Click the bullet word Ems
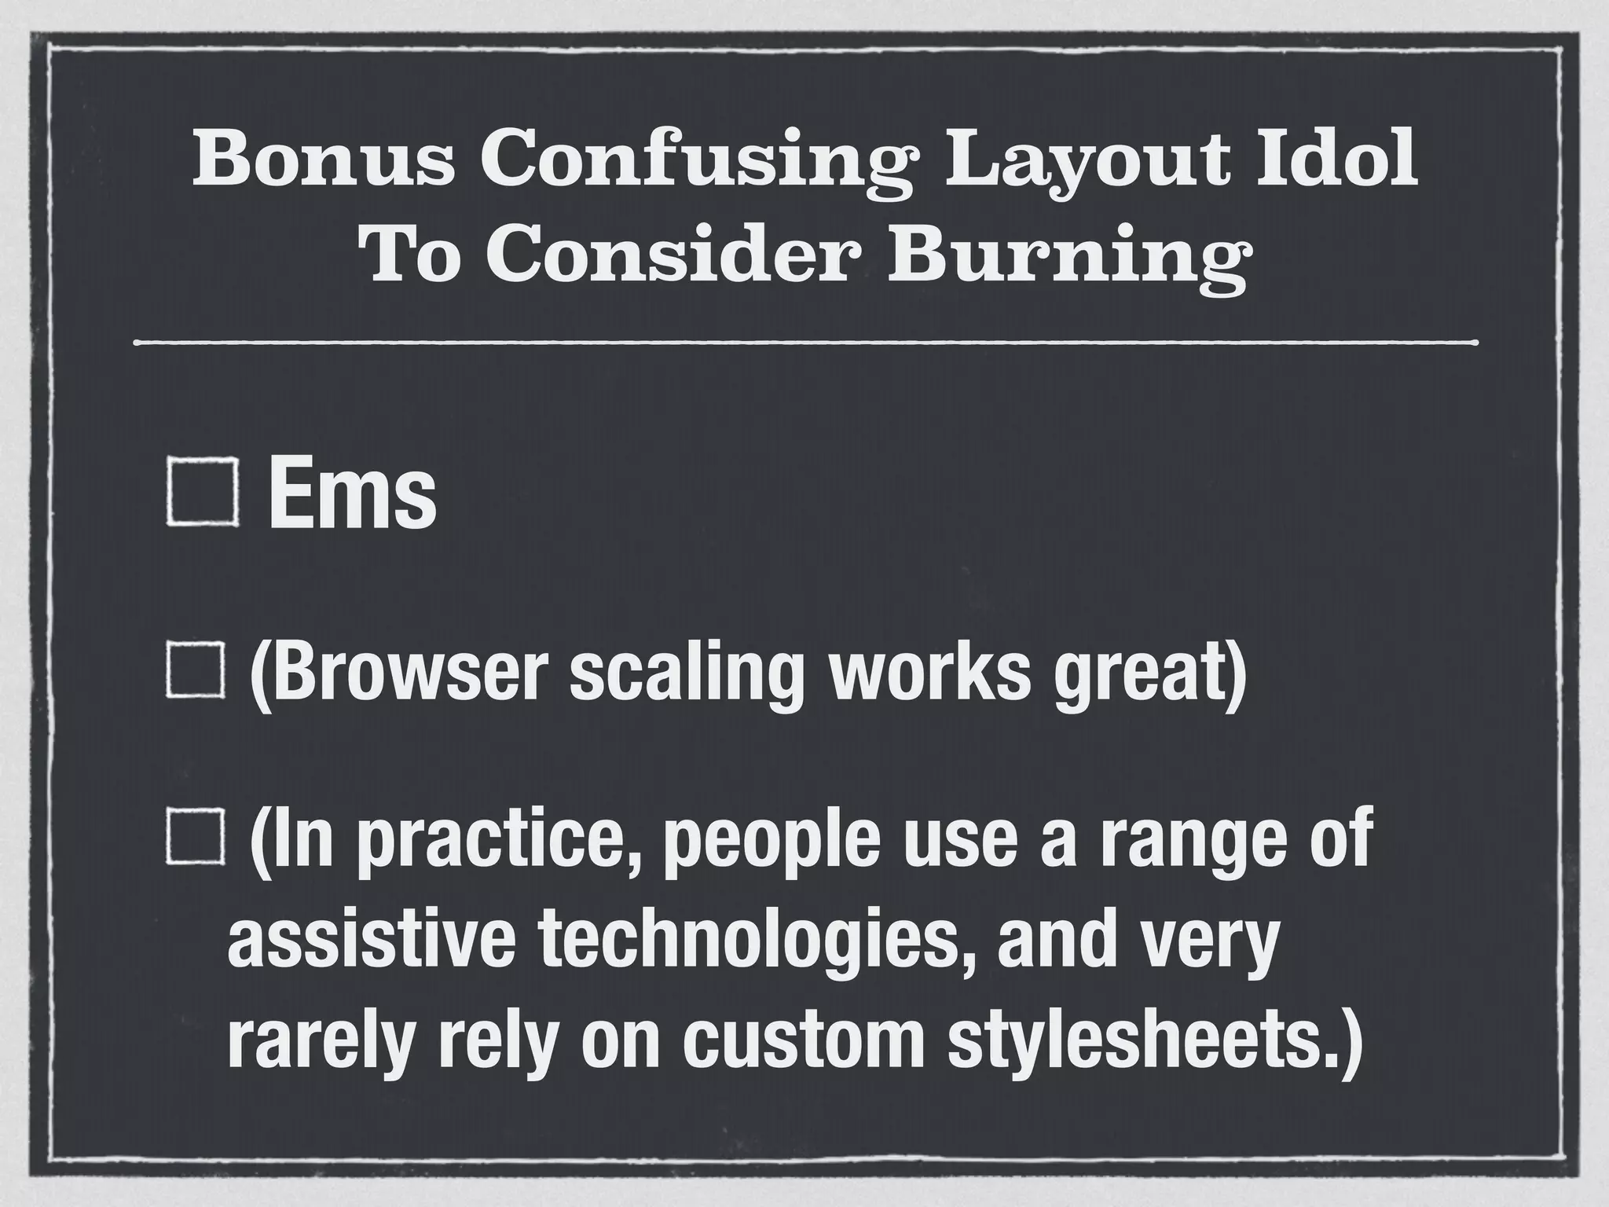point(351,495)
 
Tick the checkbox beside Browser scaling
point(196,670)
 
